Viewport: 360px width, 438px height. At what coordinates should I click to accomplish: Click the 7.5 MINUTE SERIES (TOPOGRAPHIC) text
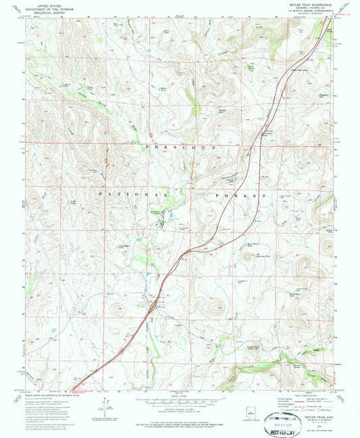point(315,14)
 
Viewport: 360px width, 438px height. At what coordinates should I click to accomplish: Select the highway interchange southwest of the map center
point(154,306)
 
